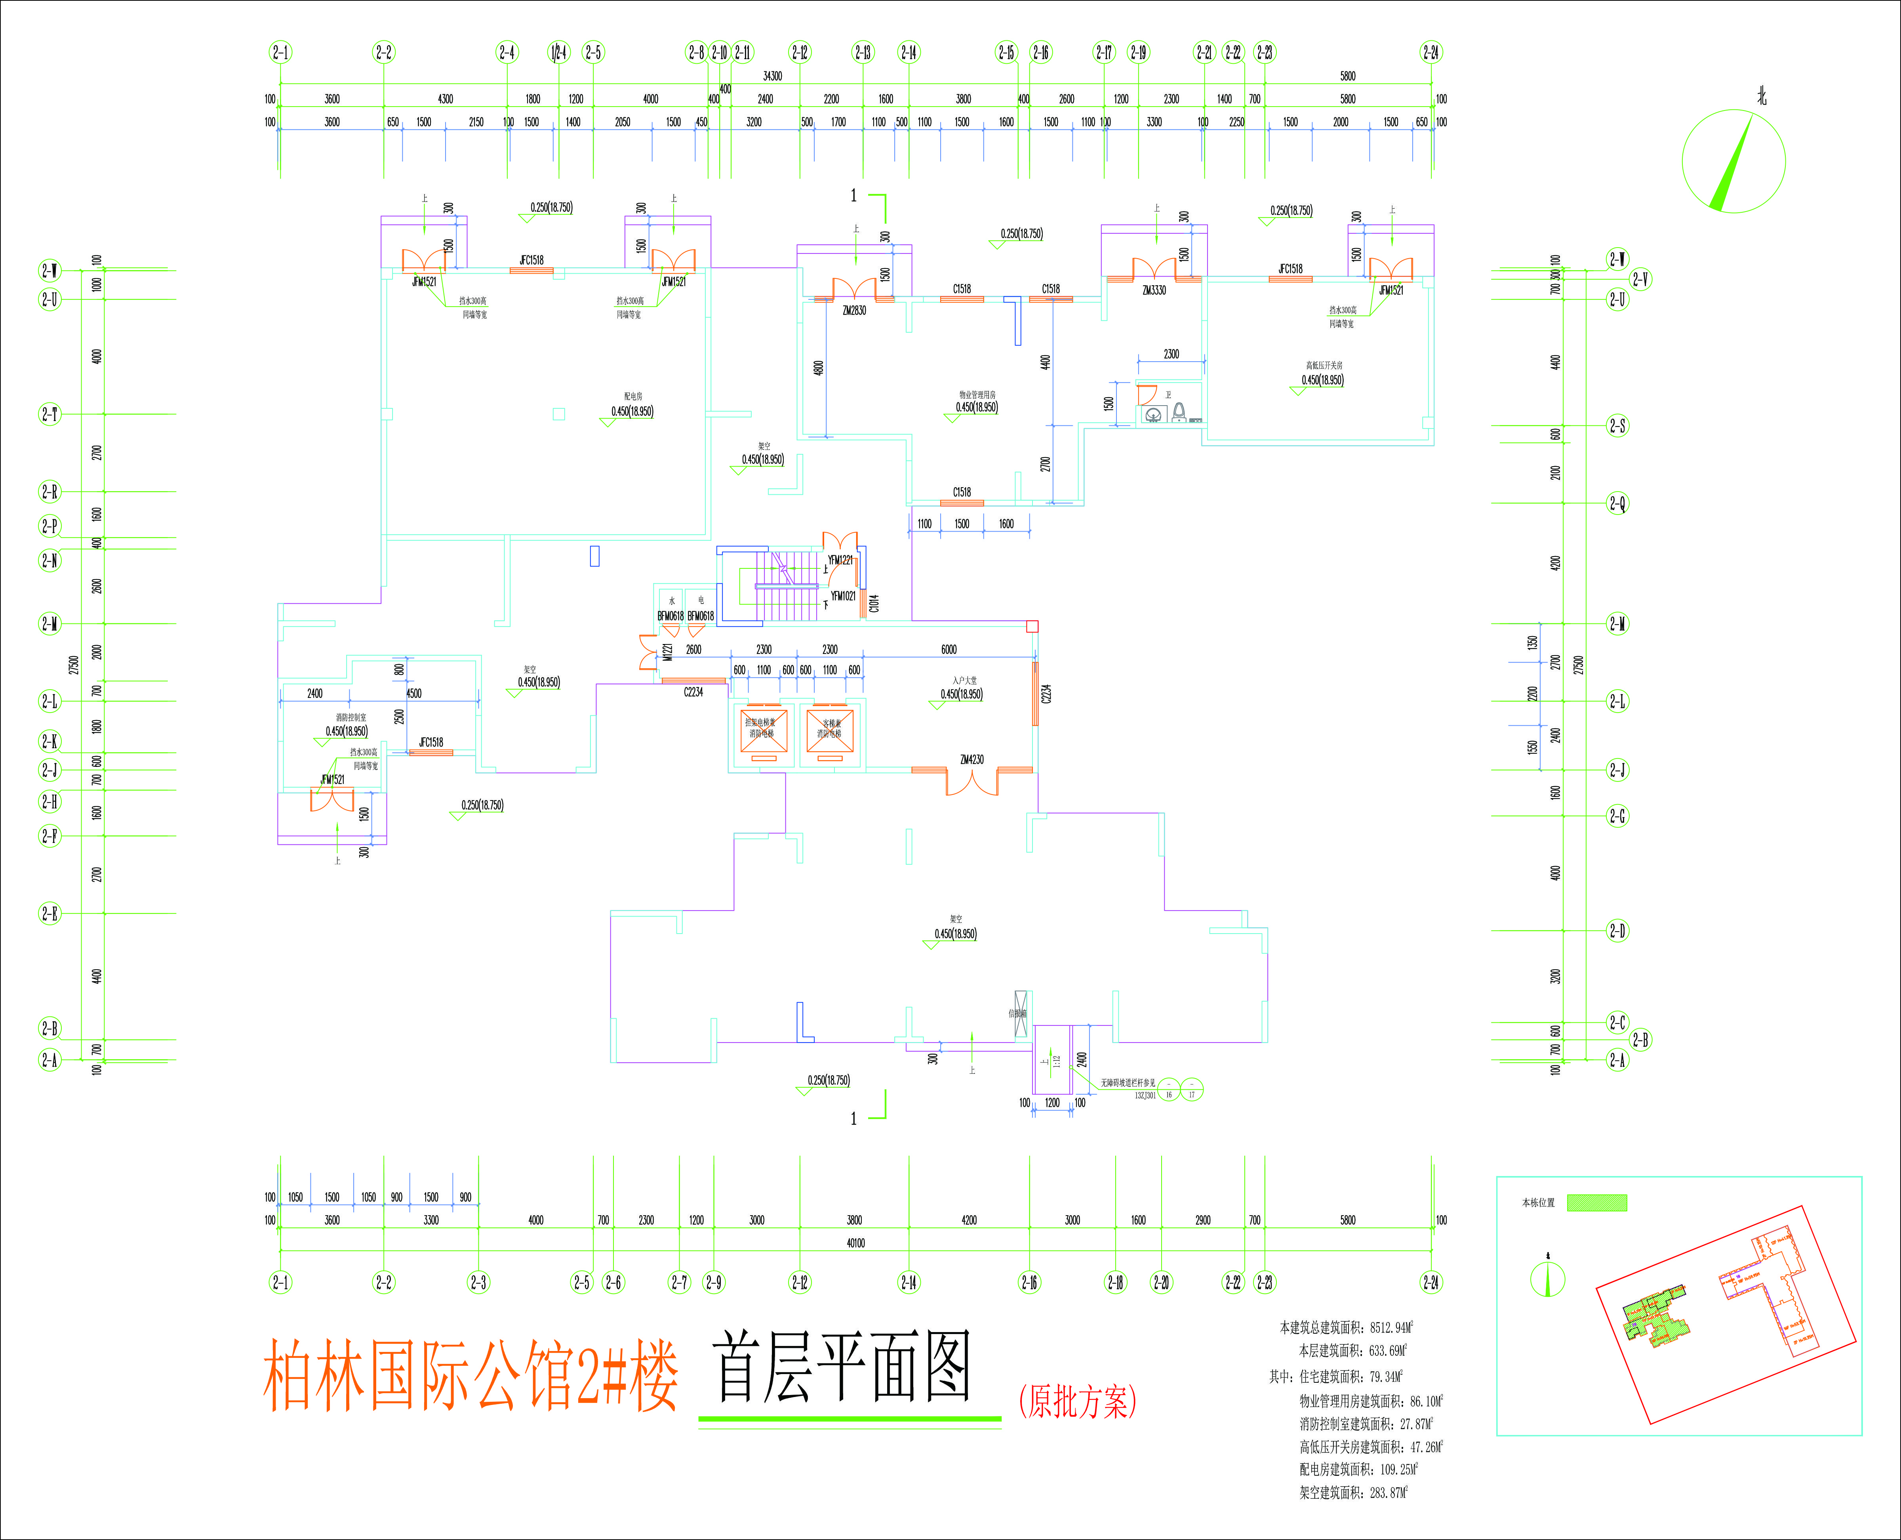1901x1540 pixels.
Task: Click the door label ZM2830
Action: [854, 311]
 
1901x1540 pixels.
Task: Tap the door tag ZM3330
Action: [1154, 290]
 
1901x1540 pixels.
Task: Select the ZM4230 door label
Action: [971, 759]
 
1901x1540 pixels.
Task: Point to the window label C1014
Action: [874, 603]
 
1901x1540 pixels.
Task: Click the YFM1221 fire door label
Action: [839, 560]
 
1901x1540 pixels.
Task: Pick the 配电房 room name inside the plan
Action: [632, 396]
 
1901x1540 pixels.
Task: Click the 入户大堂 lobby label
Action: [964, 680]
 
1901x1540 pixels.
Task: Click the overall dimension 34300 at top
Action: [773, 76]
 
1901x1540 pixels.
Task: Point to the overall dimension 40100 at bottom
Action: [855, 1243]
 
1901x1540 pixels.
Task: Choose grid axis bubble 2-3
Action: [478, 1282]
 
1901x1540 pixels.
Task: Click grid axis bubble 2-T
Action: [50, 414]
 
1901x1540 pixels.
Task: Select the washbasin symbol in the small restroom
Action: [1153, 414]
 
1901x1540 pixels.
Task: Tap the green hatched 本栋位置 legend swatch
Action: [1597, 1203]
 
